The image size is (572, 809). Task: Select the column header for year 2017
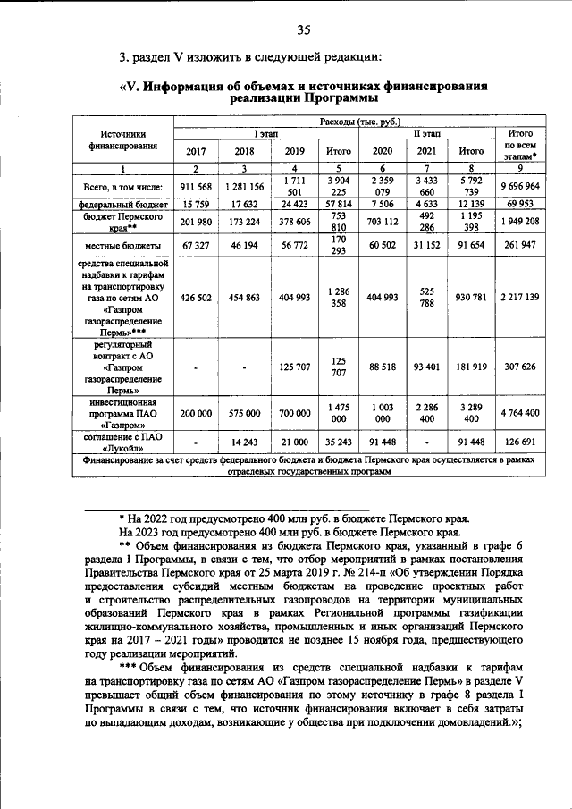coord(195,150)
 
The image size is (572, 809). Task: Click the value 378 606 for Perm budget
coord(294,222)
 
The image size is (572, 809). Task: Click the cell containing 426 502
coord(195,298)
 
